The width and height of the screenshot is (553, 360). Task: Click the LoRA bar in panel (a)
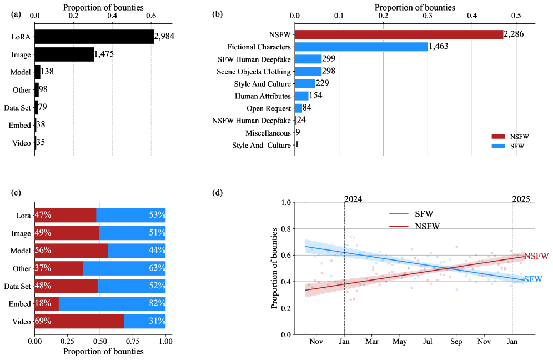[x=94, y=37]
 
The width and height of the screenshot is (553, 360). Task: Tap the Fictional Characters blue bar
[x=361, y=47]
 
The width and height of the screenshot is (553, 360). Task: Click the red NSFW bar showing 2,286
[x=399, y=34]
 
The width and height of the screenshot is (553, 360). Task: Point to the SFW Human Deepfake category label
[x=254, y=59]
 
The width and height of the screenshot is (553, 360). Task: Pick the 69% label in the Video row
[x=43, y=322]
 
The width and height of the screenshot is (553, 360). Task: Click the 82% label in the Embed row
[x=157, y=304]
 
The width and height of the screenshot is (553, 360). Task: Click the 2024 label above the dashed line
[x=353, y=199]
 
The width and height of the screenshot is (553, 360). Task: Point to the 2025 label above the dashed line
[x=521, y=199]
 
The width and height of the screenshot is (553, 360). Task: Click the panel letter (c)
[x=16, y=193]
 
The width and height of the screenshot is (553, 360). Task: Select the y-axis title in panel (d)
[x=275, y=268]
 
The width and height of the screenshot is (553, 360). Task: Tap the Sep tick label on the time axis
[x=456, y=341]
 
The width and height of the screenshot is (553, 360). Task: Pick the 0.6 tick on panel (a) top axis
[x=151, y=16]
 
